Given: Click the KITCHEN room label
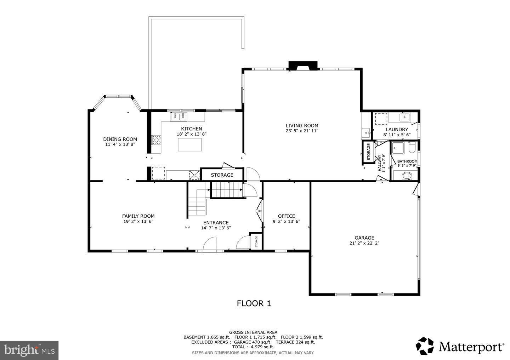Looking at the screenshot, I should coord(191,129).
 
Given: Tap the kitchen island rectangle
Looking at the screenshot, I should coord(190,144).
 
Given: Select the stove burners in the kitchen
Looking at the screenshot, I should coord(156,140).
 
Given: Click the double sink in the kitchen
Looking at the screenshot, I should coord(179,116).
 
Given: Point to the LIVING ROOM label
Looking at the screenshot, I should coord(302,126).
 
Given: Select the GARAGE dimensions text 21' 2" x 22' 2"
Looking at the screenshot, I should coord(364,243).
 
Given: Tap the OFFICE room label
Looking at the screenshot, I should coord(286,216).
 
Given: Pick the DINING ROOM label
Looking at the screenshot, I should coord(120,139).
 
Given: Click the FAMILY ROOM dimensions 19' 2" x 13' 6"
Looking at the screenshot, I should coord(138,221).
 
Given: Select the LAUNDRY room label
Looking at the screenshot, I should coord(397,130).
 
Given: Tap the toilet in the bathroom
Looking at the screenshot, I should coord(412,148).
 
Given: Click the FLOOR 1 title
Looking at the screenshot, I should coord(254,303).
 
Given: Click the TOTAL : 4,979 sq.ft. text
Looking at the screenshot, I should coord(253,347).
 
